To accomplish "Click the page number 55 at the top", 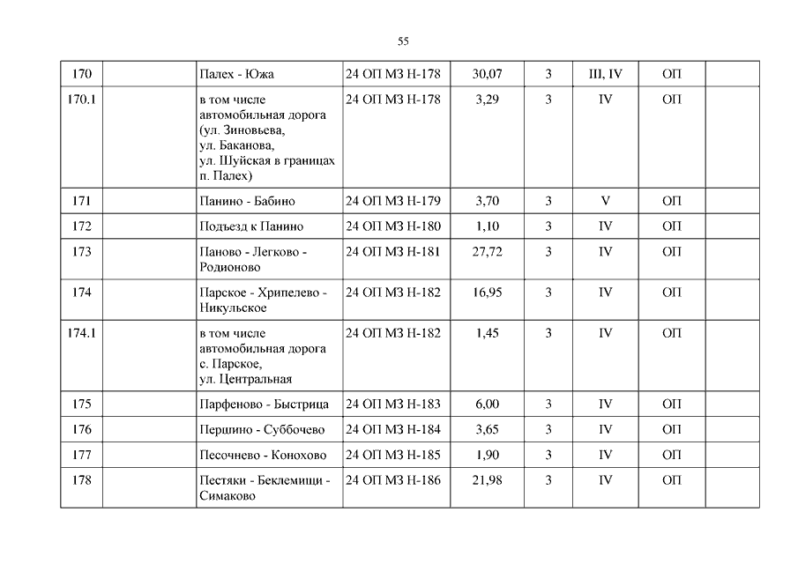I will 403,41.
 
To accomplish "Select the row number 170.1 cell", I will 81,100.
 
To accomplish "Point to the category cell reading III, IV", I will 605,75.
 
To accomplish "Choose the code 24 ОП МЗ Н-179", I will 392,202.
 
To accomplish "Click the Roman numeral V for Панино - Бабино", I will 605,202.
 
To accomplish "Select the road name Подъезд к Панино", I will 251,226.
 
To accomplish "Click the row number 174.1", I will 81,333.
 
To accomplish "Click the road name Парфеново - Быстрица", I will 264,404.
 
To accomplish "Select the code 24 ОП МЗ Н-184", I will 392,430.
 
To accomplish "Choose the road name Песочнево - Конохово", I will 263,456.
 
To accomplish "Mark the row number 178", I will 81,480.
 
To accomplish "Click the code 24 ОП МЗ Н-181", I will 392,252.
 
